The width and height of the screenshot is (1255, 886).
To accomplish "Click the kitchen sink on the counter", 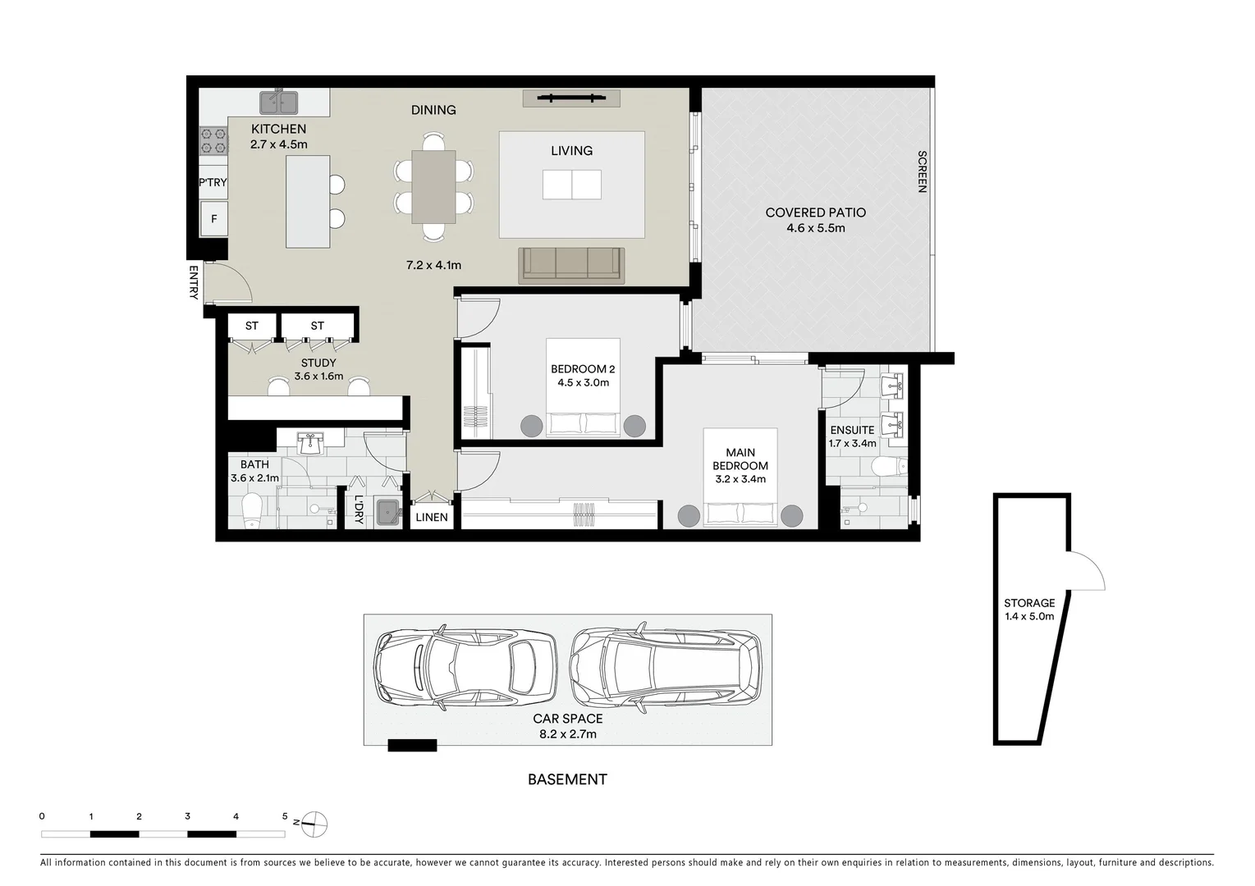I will tap(279, 103).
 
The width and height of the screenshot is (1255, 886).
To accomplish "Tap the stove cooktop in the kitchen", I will tap(213, 140).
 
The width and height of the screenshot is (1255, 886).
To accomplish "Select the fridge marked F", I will tap(214, 219).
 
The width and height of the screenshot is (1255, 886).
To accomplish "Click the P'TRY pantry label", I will tap(213, 182).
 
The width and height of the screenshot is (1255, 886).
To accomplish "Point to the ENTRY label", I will tap(194, 281).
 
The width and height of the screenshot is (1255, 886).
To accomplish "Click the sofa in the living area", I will tap(571, 264).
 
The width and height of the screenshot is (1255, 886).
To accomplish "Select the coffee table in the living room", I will tap(571, 185).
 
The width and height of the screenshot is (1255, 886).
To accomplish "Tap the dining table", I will tap(433, 186).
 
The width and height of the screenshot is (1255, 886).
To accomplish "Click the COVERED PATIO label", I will tap(815, 212).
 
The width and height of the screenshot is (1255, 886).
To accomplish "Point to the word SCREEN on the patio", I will tap(922, 171).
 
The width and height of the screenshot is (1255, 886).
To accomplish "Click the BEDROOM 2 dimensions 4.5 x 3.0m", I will tap(583, 382).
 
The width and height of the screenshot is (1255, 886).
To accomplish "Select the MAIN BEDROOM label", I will tap(740, 459).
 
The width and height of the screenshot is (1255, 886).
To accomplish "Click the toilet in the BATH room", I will tap(253, 511).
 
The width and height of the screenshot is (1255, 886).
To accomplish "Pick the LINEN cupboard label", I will tap(432, 517).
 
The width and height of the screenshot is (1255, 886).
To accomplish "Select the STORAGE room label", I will tap(1029, 603).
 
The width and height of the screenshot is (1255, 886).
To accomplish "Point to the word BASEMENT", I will tap(567, 779).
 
